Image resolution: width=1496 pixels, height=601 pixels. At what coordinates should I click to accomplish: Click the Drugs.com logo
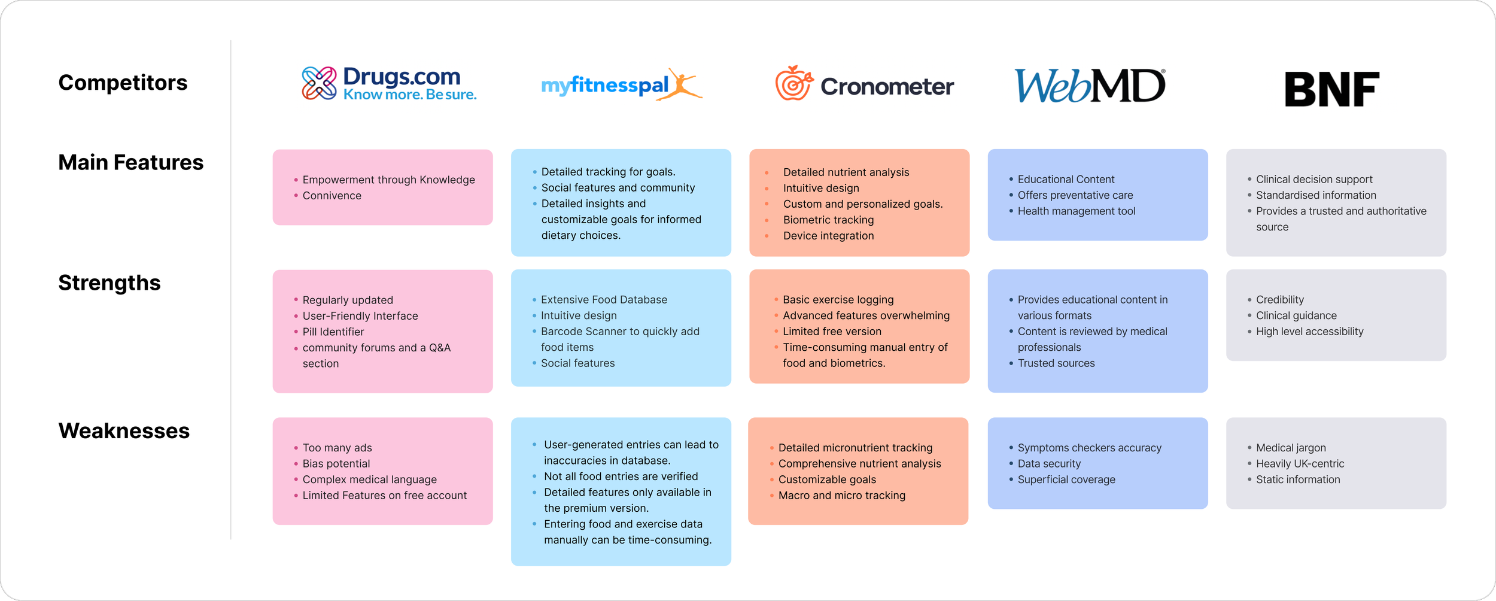389,84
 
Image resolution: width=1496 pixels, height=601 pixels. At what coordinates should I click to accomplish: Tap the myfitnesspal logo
621,85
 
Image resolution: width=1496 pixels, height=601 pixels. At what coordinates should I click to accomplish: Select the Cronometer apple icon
794,83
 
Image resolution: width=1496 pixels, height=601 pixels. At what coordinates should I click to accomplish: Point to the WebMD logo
1090,86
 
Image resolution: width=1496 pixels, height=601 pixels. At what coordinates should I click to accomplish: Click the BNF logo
1332,89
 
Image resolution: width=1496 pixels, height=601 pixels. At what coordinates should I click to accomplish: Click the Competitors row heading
123,83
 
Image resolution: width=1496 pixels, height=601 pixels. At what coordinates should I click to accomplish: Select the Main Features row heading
130,162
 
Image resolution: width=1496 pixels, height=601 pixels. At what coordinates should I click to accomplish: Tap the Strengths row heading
110,283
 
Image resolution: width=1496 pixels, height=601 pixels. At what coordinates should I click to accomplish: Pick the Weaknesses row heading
124,431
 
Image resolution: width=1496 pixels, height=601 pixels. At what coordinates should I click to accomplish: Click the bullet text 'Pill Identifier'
333,332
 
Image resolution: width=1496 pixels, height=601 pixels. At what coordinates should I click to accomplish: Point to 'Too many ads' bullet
337,448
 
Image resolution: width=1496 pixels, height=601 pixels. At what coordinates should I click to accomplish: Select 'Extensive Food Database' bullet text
604,299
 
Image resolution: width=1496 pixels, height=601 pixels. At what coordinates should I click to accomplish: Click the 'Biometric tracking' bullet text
828,220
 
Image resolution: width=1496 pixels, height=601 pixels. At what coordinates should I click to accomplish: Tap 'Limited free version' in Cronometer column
832,331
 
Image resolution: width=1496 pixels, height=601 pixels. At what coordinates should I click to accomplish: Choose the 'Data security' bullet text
1049,463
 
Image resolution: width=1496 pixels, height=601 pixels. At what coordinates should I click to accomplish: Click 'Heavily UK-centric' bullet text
1300,463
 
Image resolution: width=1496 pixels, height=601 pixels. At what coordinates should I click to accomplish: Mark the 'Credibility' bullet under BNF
1279,299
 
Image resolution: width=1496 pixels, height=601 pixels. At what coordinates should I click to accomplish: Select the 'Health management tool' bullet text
1076,211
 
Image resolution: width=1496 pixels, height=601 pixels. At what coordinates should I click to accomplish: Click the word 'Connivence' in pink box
332,195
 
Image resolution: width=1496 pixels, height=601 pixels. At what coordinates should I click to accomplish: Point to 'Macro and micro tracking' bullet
841,495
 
